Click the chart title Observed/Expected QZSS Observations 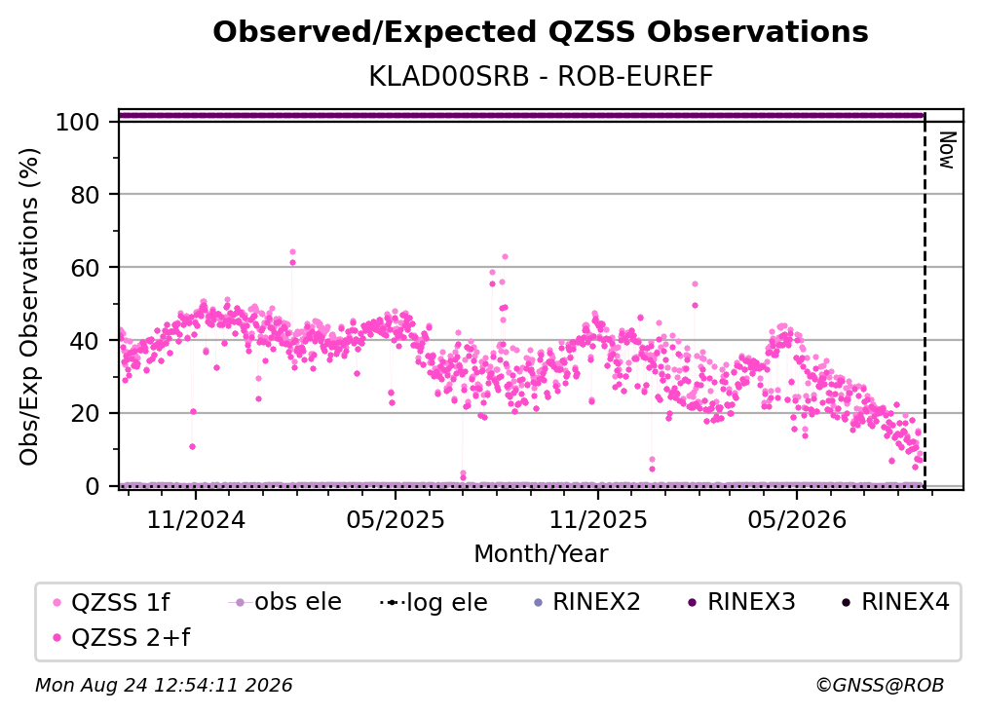point(541,32)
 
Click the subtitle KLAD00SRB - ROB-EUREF point(541,77)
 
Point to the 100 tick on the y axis point(77,122)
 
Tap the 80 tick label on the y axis point(85,195)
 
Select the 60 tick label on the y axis point(85,268)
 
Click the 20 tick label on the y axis point(85,414)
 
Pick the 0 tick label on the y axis point(92,486)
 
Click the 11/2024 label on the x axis point(196,520)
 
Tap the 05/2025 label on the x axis point(396,520)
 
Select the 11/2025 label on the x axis point(598,520)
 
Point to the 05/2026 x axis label point(797,520)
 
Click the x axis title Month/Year point(541,554)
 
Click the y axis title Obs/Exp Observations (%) point(29,307)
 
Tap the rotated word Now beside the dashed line point(947,150)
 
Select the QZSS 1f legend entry point(111,603)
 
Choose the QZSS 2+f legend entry point(122,638)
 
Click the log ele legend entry point(434,603)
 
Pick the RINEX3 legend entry point(741,602)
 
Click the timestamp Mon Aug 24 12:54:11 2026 point(164,686)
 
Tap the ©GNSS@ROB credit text point(880,686)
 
